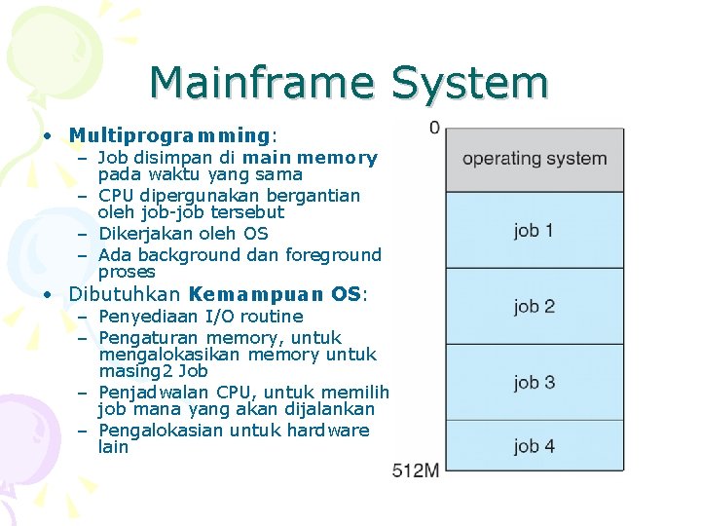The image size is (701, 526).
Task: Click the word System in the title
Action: point(470,84)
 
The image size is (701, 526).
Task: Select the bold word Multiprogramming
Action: point(168,135)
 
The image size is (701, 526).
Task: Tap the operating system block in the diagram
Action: point(535,159)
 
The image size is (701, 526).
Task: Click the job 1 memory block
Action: point(535,231)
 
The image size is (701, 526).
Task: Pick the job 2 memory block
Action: point(535,307)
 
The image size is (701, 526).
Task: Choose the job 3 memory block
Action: point(535,383)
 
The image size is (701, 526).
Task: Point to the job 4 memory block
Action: point(535,447)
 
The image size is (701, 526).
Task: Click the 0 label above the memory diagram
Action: point(434,128)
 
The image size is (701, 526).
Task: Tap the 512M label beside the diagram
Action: point(416,470)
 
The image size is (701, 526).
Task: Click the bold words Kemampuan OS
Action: point(274,294)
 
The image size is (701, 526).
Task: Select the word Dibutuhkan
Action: point(125,294)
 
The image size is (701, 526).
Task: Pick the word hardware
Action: point(328,431)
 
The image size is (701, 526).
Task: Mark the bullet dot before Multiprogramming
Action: point(47,135)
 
